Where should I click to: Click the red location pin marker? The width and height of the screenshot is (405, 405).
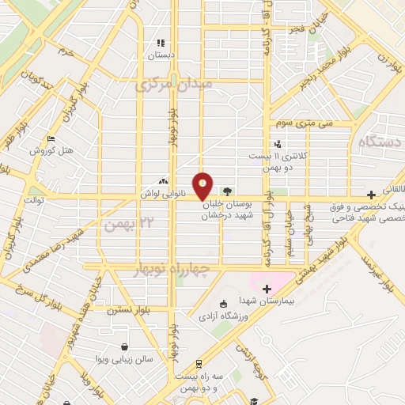point(202,187)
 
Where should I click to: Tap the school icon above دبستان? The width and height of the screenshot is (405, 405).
point(161,44)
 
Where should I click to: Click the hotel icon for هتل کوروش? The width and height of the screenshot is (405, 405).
point(51,139)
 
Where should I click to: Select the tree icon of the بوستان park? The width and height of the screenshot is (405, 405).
point(228,191)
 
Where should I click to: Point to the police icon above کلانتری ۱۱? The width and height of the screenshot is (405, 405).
point(277,144)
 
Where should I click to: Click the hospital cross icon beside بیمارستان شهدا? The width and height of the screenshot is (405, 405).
point(267,289)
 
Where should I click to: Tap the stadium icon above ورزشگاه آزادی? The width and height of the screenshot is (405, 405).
point(223,304)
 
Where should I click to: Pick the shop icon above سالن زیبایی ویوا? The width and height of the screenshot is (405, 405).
point(124,346)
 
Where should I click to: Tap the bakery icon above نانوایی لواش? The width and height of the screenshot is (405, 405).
point(165,180)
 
